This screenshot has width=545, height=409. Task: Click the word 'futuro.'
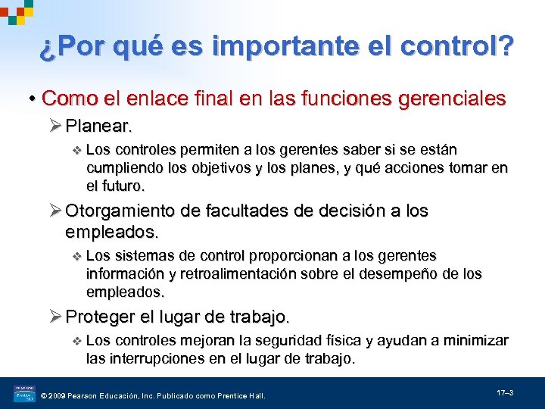[123, 186]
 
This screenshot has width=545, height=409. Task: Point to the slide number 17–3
[506, 393]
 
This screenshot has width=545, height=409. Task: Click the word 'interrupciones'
[150, 358]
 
